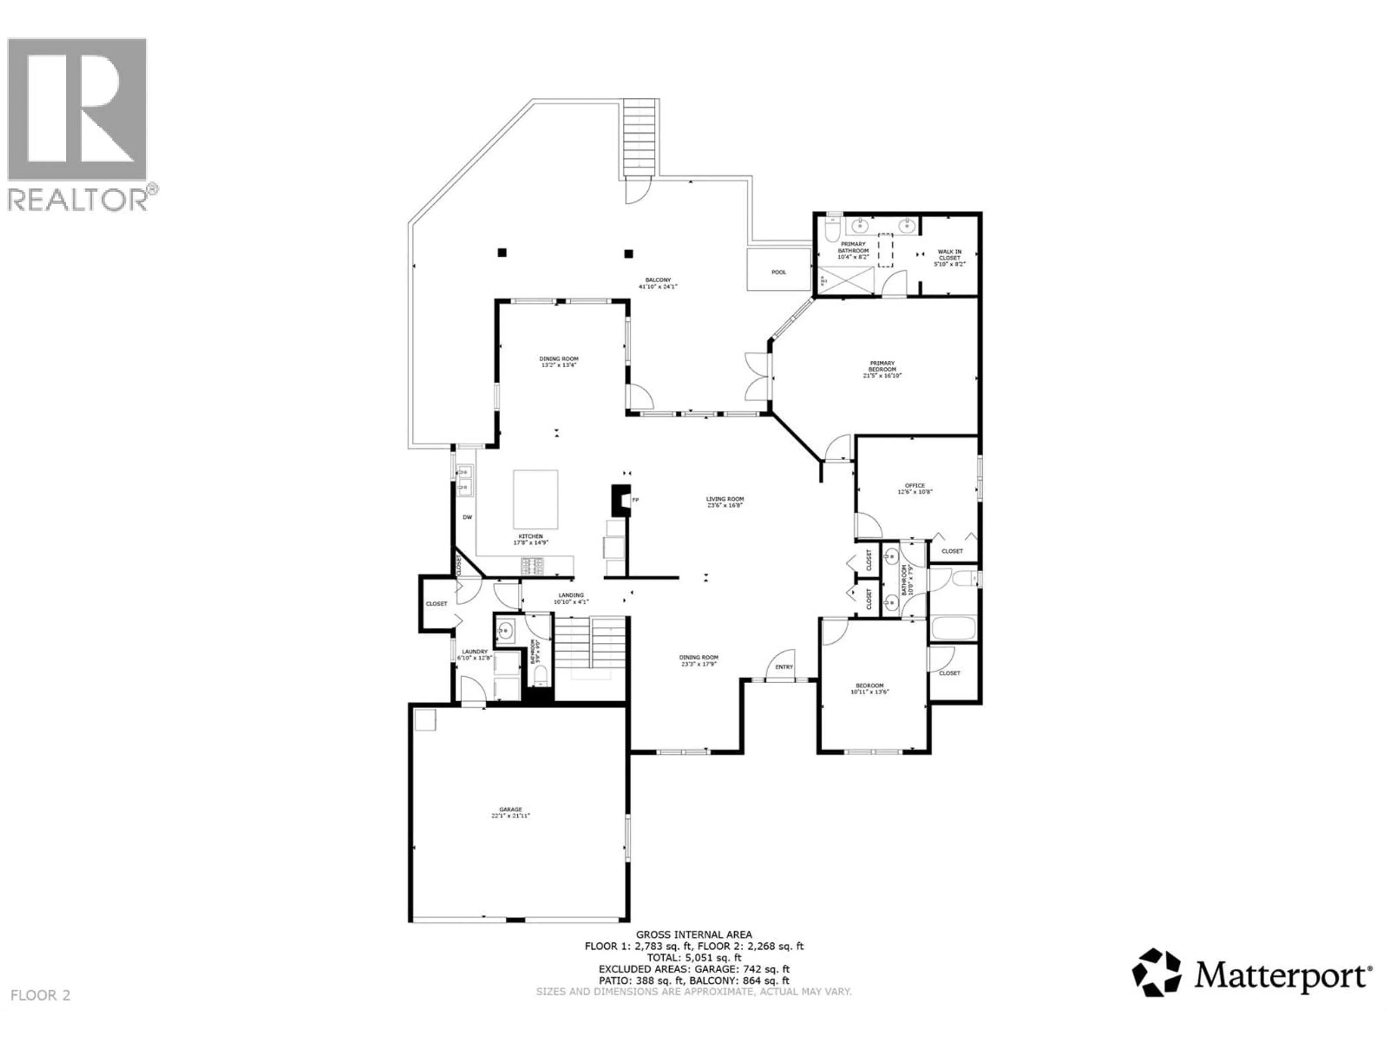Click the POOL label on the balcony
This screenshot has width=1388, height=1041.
click(x=778, y=272)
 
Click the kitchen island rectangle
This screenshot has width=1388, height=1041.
click(x=535, y=500)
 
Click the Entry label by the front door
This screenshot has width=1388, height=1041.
click(x=784, y=667)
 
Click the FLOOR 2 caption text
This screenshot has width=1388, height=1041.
click(x=41, y=995)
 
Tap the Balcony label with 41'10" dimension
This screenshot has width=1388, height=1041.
click(x=658, y=283)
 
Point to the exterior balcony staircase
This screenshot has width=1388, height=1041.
click(x=641, y=138)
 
